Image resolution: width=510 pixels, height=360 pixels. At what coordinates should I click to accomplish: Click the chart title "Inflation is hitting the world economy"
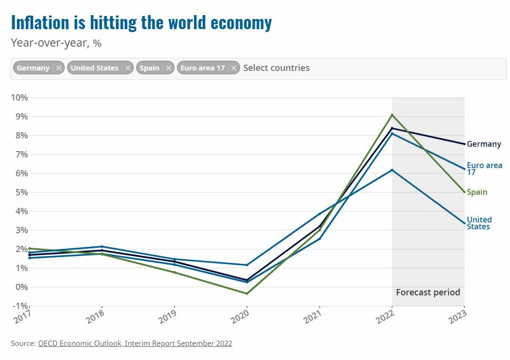pyautogui.click(x=141, y=22)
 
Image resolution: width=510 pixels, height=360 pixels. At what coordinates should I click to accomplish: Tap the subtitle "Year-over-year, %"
pyautogui.click(x=56, y=43)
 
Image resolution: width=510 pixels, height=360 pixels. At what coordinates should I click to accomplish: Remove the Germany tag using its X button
pyautogui.click(x=59, y=68)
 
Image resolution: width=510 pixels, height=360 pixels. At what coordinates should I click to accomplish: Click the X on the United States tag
pyautogui.click(x=128, y=68)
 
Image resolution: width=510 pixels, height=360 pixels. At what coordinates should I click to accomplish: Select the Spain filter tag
pyautogui.click(x=149, y=68)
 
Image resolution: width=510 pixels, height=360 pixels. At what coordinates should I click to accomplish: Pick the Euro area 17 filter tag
pyautogui.click(x=202, y=68)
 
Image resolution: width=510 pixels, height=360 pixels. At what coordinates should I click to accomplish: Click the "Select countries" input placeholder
pyautogui.click(x=276, y=68)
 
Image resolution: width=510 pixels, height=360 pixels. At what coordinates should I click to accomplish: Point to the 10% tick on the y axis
pyautogui.click(x=19, y=98)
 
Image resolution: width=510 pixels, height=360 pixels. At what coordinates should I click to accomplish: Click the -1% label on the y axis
pyautogui.click(x=19, y=306)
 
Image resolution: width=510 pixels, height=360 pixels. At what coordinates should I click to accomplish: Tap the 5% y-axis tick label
pyautogui.click(x=21, y=192)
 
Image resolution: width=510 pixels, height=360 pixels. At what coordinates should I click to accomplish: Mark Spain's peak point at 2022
pyautogui.click(x=392, y=115)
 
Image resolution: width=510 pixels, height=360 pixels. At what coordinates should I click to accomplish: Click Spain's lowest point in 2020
pyautogui.click(x=247, y=293)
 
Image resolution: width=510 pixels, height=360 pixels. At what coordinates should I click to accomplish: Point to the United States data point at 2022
pyautogui.click(x=392, y=170)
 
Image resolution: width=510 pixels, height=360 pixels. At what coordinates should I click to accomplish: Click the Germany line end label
pyautogui.click(x=484, y=144)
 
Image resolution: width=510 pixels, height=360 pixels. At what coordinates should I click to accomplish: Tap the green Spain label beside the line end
pyautogui.click(x=477, y=192)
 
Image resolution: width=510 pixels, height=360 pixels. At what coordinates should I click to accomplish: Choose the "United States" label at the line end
pyautogui.click(x=479, y=223)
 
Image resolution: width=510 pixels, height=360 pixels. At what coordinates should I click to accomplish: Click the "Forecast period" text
pyautogui.click(x=428, y=292)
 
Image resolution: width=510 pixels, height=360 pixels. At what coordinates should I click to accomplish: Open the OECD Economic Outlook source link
pyautogui.click(x=135, y=343)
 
